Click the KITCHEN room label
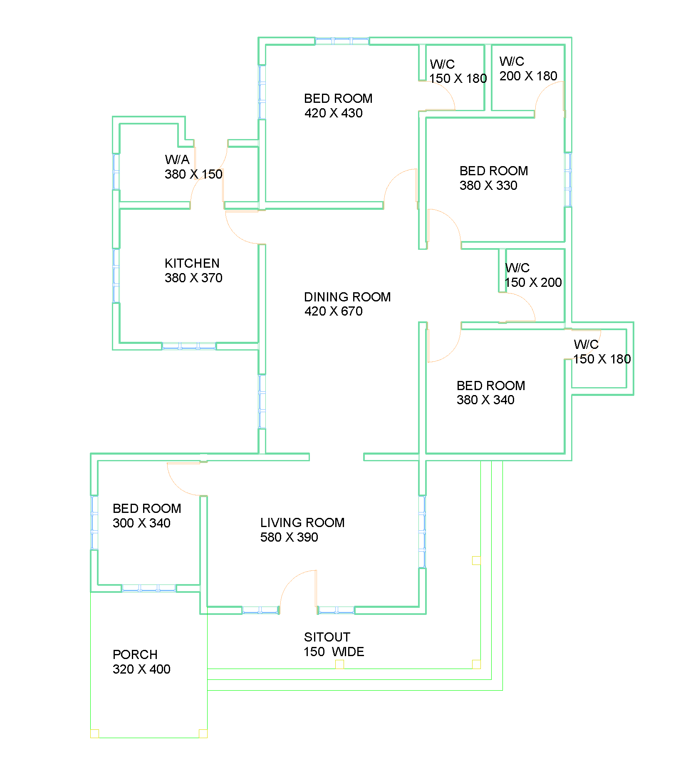(192, 263)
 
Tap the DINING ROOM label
(347, 297)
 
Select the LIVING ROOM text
(302, 522)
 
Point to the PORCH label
(135, 654)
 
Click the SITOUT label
(327, 637)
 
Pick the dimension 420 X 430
(333, 113)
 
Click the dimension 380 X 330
(488, 185)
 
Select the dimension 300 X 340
(141, 523)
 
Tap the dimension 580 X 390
(289, 537)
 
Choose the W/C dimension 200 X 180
(528, 76)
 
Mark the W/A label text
(177, 159)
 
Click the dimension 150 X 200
(533, 282)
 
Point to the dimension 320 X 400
(141, 669)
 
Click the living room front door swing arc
(291, 580)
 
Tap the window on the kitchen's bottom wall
(189, 346)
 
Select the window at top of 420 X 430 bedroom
(342, 41)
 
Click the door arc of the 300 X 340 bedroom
(178, 485)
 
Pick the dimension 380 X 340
(485, 400)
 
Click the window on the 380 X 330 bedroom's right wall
(568, 179)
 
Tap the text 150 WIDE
(334, 652)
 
